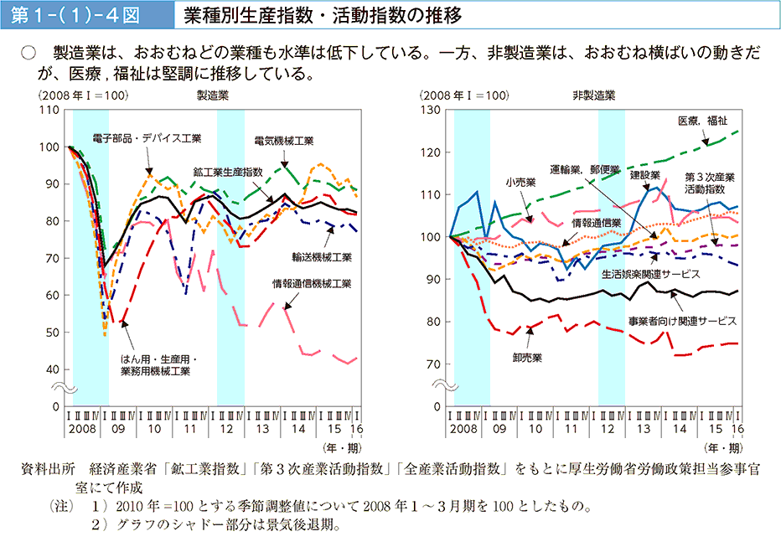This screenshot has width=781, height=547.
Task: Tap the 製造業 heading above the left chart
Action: coord(211,95)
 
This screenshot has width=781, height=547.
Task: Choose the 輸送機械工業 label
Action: coord(323,256)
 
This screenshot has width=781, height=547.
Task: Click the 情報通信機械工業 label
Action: coord(312,283)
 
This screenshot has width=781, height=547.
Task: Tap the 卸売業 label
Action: coord(528,357)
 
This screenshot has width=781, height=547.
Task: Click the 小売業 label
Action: coord(520,180)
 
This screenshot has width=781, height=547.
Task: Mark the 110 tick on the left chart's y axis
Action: coord(49,110)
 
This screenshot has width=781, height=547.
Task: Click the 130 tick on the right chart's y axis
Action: coord(431,110)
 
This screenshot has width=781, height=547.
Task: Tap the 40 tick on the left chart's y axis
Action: coord(52,369)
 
